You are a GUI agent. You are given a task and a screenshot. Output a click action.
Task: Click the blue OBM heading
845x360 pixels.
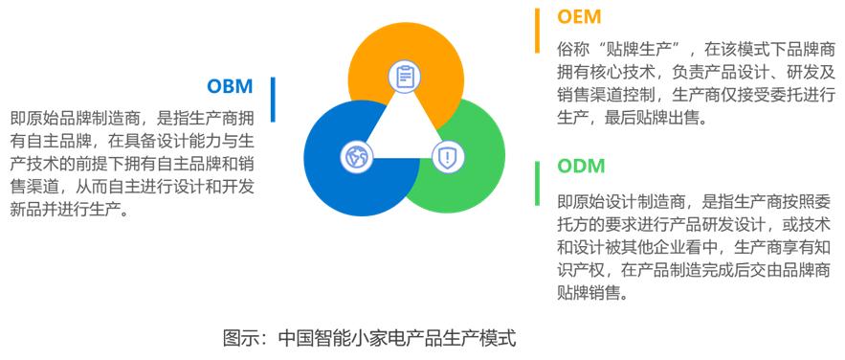230,86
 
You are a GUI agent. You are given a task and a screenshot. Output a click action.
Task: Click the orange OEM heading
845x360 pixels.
579,16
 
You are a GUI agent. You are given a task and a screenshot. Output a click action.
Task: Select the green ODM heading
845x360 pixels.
582,166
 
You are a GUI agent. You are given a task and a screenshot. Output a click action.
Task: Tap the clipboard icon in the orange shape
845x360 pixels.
404,76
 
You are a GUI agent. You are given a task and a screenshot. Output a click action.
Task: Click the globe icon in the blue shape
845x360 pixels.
357,157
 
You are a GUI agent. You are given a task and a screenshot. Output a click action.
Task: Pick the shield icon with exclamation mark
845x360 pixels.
447,157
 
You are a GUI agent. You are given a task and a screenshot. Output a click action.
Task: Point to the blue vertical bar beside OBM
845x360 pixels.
273,100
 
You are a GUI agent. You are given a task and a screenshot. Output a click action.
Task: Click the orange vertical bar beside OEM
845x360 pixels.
537,31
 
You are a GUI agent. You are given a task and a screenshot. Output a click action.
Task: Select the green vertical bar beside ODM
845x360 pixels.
537,183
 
